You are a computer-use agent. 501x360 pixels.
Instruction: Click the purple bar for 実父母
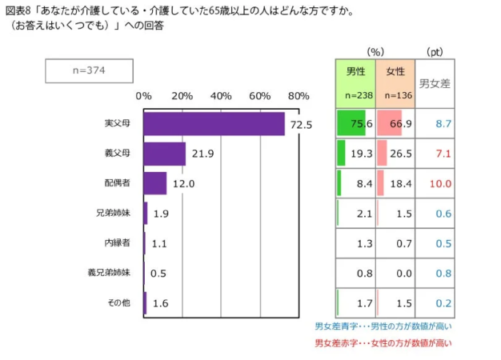pos(214,124)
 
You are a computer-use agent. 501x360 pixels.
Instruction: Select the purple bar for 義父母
pos(164,154)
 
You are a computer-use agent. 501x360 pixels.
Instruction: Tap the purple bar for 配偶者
pos(154,183)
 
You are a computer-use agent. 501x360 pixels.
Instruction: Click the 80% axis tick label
pos(299,96)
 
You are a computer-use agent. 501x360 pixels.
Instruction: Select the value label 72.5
pos(301,125)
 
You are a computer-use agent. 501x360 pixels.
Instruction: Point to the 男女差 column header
pos(435,82)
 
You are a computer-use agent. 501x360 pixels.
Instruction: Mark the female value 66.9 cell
pos(395,124)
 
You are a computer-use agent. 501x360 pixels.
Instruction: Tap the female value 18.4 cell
pos(395,183)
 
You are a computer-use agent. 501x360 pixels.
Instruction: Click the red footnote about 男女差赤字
pos(383,342)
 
